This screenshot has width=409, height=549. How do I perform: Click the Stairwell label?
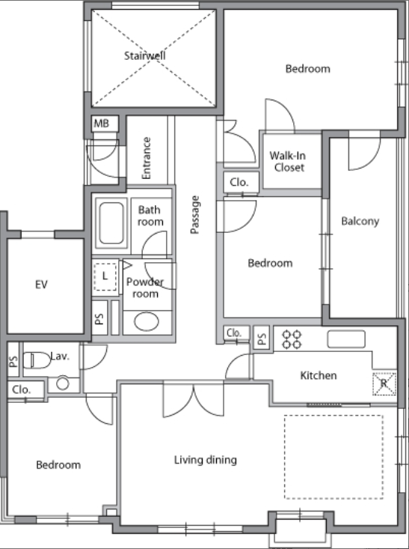[x=145, y=55]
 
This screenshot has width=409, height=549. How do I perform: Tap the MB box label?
[x=102, y=124]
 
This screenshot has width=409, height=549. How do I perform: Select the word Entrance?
[x=147, y=158]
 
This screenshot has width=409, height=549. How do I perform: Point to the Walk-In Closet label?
[x=287, y=162]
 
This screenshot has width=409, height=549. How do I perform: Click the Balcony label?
[x=360, y=221]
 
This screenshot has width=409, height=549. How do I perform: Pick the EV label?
[x=41, y=285]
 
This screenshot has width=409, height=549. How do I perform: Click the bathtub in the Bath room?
[x=111, y=223]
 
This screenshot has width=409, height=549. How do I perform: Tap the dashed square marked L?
[x=105, y=276]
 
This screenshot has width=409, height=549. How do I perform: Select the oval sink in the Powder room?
[x=147, y=321]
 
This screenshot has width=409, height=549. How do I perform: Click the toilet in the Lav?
[x=37, y=360]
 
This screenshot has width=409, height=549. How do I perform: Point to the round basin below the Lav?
[x=63, y=383]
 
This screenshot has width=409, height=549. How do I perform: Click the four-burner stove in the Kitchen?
[x=292, y=339]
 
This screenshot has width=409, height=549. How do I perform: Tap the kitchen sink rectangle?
[x=346, y=339]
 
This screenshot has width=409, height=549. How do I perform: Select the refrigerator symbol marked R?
[x=384, y=383]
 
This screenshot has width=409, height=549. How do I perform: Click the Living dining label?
[x=206, y=460]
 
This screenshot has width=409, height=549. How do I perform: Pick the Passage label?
[x=194, y=215]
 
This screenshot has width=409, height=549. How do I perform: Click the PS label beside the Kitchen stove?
[x=262, y=339]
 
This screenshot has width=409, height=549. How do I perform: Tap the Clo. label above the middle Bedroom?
[x=239, y=182]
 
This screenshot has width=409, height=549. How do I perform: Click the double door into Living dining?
[x=194, y=399]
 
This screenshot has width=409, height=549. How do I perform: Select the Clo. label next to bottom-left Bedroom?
[x=22, y=389]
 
